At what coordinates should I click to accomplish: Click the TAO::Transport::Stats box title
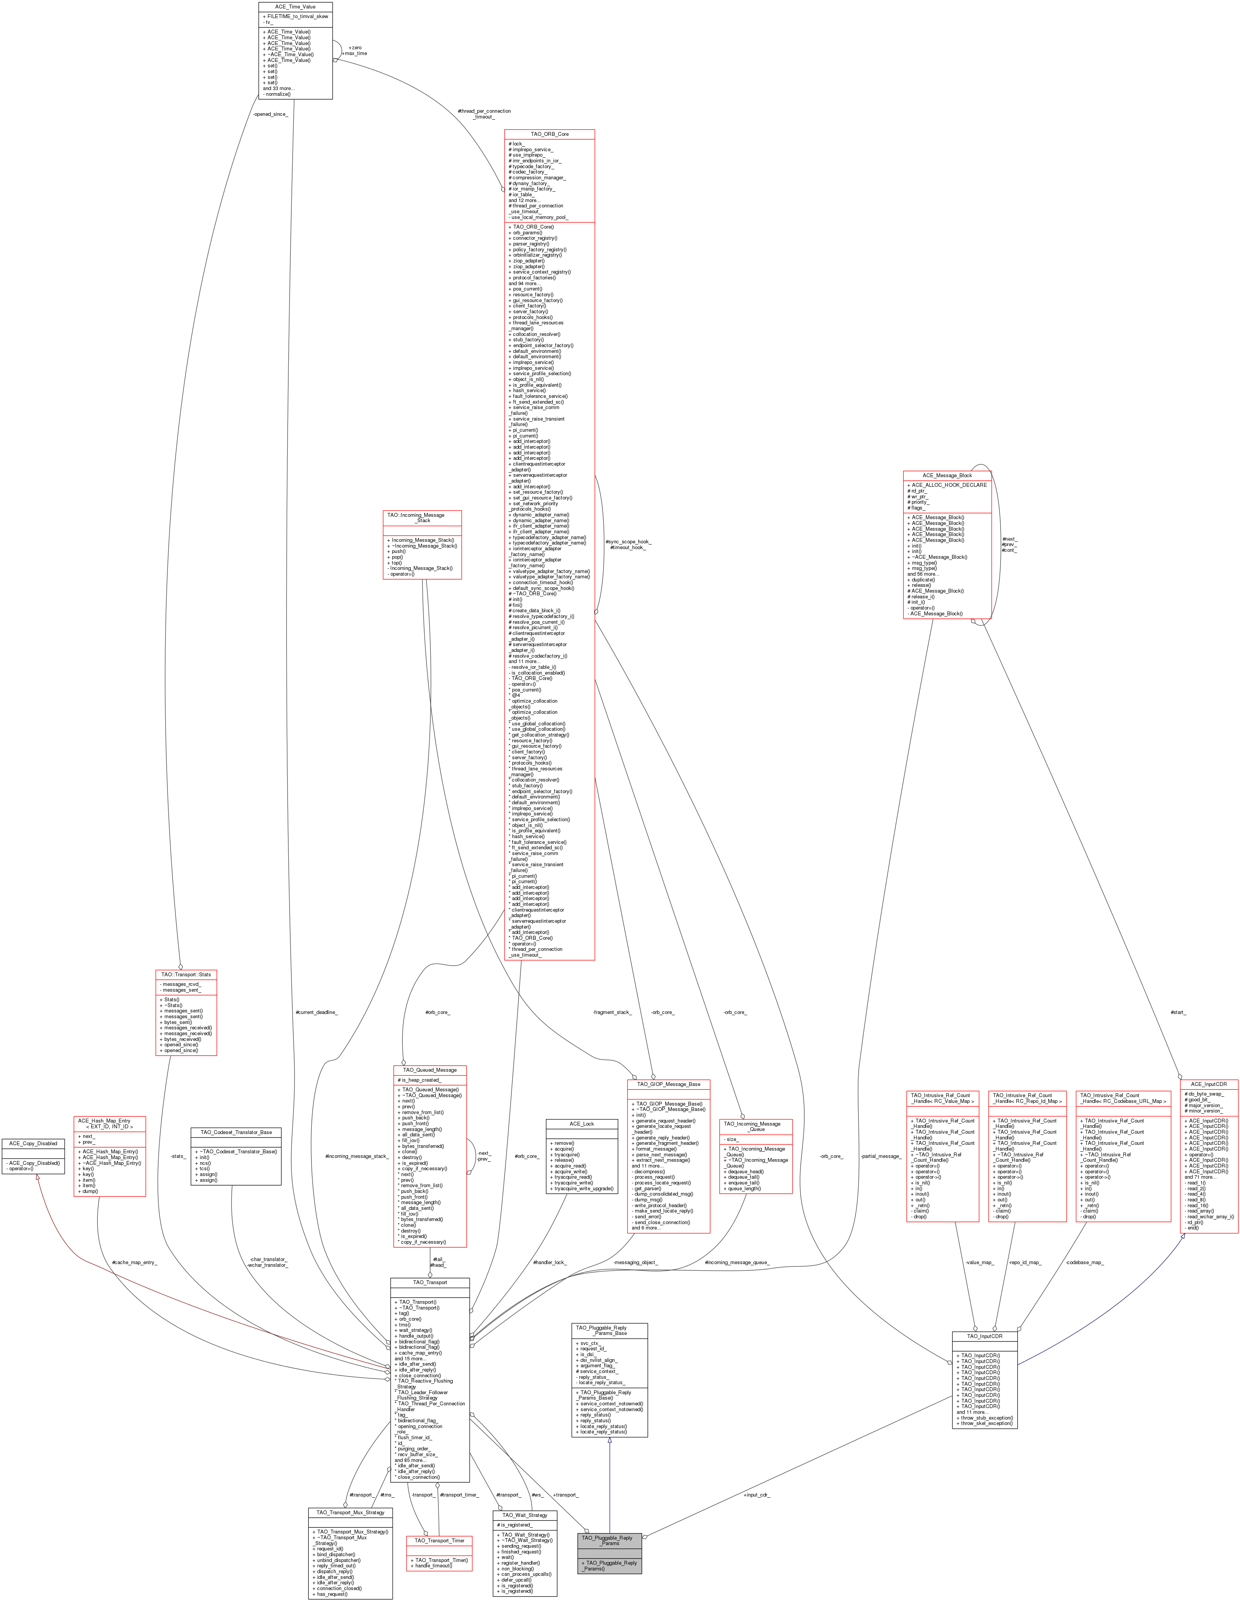[x=186, y=975]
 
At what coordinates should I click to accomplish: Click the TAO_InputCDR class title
[x=984, y=1336]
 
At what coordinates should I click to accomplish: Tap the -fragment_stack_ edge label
[x=612, y=1012]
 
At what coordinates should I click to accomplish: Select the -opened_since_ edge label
[x=271, y=114]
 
